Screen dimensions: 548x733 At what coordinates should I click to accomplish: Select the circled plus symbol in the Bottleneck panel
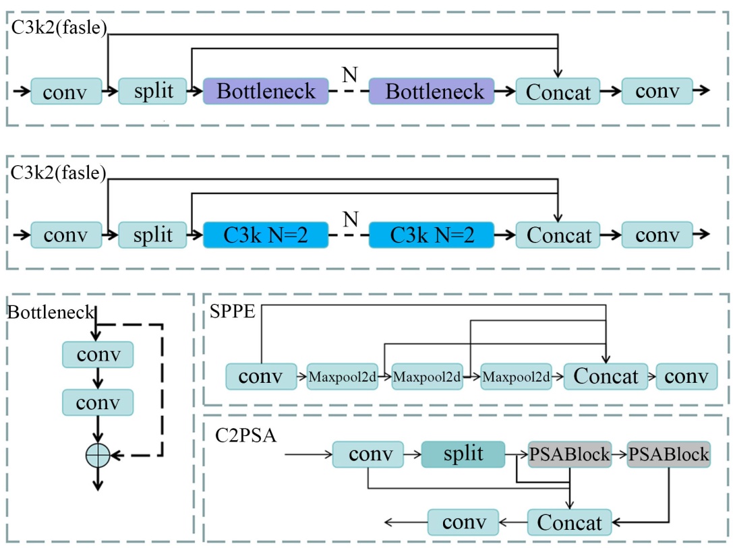click(98, 456)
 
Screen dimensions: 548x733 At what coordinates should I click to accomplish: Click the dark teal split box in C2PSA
click(463, 454)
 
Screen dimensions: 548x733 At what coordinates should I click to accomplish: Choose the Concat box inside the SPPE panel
click(605, 376)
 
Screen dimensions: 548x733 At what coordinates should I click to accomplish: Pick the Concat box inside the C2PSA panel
click(570, 522)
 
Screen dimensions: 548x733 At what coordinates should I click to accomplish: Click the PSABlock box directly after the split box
click(570, 454)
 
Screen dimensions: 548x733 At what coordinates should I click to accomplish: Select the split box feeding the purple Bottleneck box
click(153, 90)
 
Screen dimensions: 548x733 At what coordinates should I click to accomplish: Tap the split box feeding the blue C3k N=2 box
click(153, 235)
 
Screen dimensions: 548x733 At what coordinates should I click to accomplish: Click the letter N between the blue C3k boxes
click(349, 218)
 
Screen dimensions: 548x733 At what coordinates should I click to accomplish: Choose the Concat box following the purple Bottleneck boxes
click(558, 91)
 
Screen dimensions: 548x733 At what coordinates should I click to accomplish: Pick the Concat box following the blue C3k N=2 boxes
click(558, 235)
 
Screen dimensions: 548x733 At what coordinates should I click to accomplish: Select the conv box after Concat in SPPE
click(686, 376)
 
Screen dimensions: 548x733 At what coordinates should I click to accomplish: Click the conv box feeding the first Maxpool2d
click(261, 376)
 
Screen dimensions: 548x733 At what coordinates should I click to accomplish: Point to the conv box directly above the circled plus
click(98, 402)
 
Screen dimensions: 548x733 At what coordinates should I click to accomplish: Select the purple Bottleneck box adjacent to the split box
click(266, 90)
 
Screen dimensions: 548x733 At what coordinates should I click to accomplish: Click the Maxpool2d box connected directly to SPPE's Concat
click(516, 376)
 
